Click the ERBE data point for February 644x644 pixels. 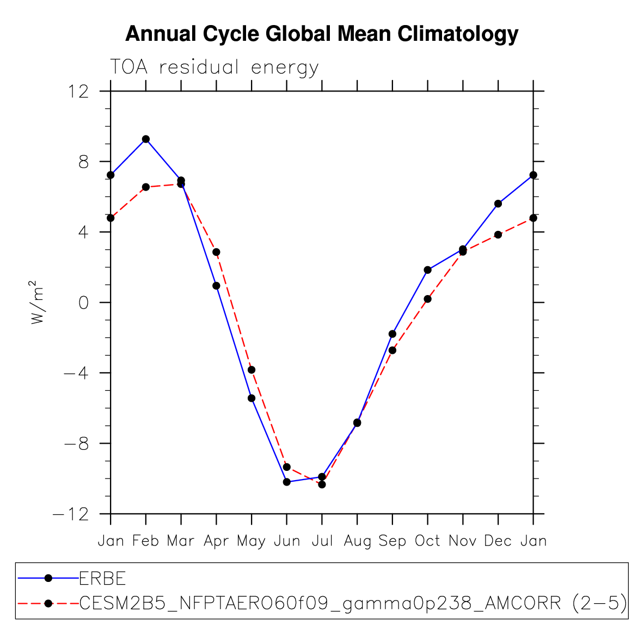pyautogui.click(x=146, y=139)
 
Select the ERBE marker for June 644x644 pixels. pyautogui.click(x=287, y=482)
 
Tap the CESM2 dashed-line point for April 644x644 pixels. pyautogui.click(x=216, y=252)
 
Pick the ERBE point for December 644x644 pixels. pyautogui.click(x=498, y=204)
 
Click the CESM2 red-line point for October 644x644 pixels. pyautogui.click(x=428, y=299)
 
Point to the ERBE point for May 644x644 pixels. pyautogui.click(x=252, y=398)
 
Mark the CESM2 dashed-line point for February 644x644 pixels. pyautogui.click(x=146, y=187)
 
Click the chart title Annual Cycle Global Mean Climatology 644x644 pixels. pyautogui.click(x=322, y=34)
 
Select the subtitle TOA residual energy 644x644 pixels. pyautogui.click(x=214, y=67)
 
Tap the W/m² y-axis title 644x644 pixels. pyautogui.click(x=36, y=303)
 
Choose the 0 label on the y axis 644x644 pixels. pyautogui.click(x=83, y=303)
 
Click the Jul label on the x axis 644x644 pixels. pyautogui.click(x=322, y=541)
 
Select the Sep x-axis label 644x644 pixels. pyautogui.click(x=392, y=541)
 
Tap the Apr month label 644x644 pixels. pyautogui.click(x=216, y=541)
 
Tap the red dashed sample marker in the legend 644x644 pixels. pyautogui.click(x=48, y=603)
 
